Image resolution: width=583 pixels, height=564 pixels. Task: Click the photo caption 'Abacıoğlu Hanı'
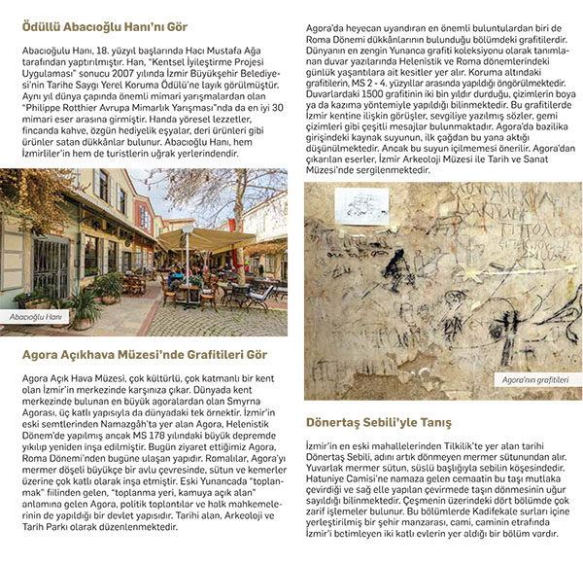tap(37, 317)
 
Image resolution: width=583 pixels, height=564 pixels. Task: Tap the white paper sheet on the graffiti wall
tap(360, 204)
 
